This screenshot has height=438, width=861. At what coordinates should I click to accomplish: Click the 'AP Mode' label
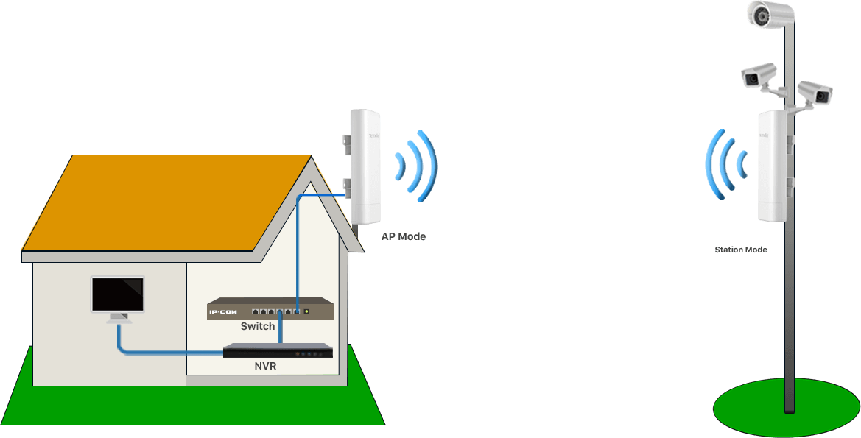[403, 237]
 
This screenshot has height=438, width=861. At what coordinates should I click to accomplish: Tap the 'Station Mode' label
[740, 250]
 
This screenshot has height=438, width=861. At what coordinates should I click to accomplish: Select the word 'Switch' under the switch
[258, 326]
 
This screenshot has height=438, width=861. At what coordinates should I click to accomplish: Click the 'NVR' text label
[265, 365]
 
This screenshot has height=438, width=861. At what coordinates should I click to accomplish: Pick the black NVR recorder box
[278, 351]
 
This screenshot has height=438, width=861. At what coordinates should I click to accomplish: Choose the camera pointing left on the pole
[759, 75]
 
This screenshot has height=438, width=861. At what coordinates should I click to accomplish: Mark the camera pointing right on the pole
[815, 92]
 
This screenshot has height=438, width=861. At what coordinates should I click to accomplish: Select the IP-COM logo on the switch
[222, 312]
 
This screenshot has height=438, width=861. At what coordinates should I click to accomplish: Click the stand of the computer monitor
[119, 318]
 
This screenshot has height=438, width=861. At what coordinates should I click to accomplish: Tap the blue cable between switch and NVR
[280, 331]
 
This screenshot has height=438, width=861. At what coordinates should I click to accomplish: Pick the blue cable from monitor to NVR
[162, 353]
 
